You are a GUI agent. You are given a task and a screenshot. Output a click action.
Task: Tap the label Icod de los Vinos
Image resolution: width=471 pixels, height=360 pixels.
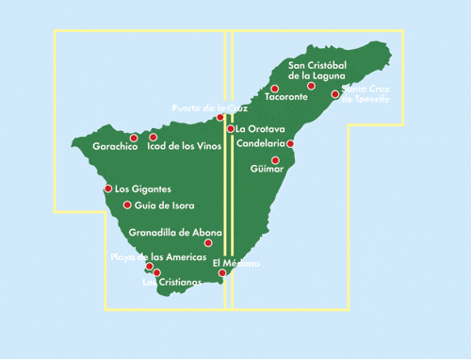pos(183,148)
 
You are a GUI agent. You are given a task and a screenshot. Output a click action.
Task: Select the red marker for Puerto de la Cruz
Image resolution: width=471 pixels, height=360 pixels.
pos(220,118)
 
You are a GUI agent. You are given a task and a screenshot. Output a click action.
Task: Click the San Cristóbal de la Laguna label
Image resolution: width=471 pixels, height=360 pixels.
pos(317,70)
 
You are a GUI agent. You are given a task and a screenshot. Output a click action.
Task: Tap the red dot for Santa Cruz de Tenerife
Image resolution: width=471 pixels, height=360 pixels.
pos(334,94)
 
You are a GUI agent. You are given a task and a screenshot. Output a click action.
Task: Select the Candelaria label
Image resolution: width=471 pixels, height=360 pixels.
pos(261,144)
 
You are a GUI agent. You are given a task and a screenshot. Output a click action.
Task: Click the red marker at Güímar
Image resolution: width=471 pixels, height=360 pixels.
pos(275,160)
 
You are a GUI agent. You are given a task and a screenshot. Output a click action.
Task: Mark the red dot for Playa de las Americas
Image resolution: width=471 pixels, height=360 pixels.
pos(150,267)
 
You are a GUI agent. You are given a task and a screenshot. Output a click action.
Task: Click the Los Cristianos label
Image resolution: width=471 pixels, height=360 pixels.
pos(172,282)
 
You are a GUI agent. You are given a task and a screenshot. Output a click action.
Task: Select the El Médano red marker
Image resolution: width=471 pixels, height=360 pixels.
pos(222,273)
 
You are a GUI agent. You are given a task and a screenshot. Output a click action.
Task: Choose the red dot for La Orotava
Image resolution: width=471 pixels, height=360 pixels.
pos(231,129)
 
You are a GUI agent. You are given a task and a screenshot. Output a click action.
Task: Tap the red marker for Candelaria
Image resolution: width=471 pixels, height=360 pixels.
pos(291,144)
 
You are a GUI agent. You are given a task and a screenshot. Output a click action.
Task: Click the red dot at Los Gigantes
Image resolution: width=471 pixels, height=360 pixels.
pos(108,188)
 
